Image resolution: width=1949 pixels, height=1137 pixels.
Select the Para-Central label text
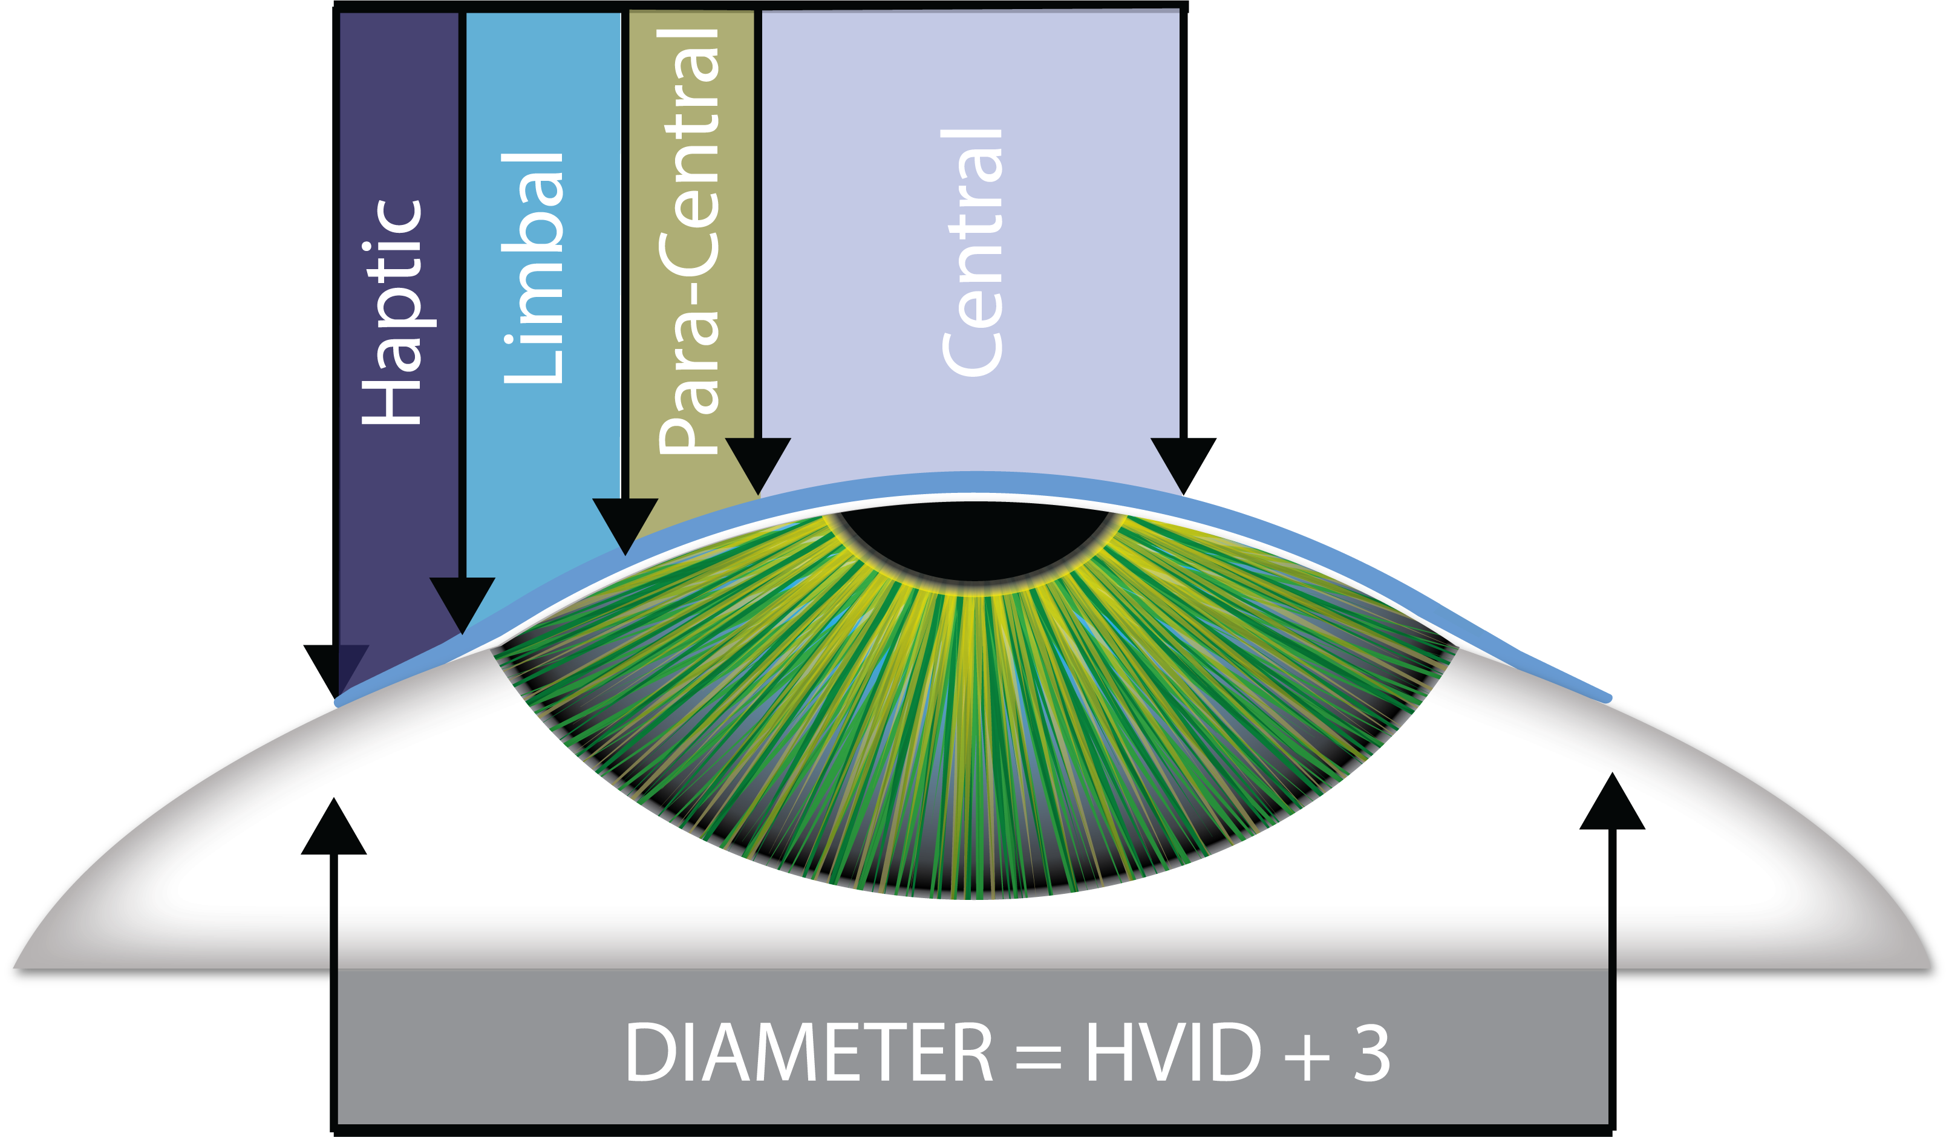click(x=689, y=239)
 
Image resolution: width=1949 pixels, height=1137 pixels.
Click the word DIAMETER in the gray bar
click(x=808, y=1054)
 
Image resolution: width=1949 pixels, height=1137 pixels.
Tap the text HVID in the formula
click(x=1172, y=1054)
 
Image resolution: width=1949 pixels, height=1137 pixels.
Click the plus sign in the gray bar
click(x=1307, y=1057)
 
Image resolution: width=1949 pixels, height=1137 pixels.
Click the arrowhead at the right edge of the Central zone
click(x=1183, y=464)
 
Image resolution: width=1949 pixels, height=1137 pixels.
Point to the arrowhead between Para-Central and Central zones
click(x=758, y=464)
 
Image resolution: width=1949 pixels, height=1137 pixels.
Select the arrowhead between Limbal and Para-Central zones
click(x=625, y=525)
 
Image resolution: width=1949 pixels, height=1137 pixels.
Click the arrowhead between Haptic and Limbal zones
click(x=463, y=604)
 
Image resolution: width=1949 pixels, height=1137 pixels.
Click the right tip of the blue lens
click(x=1608, y=699)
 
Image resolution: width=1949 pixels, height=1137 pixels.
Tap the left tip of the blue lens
click(x=339, y=702)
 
